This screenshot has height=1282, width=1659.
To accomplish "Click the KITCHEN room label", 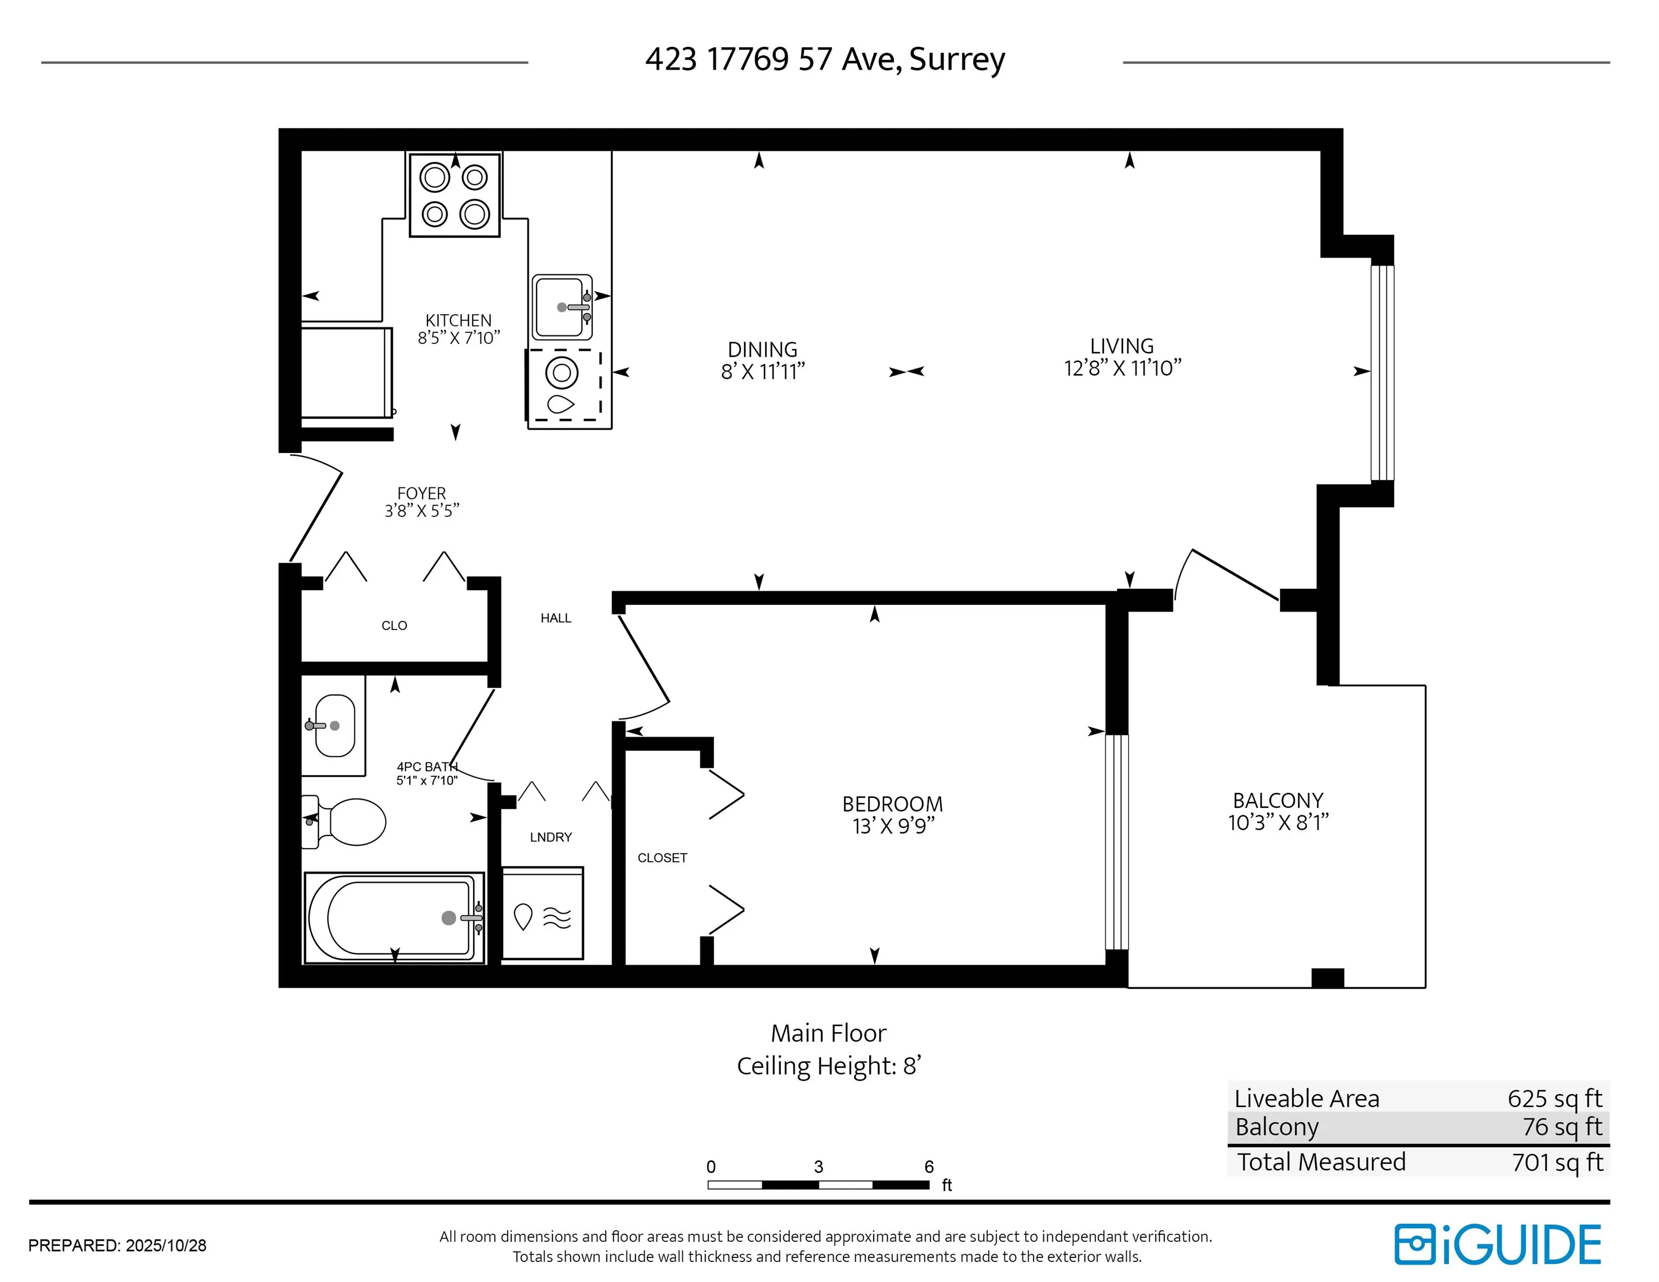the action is point(458,320).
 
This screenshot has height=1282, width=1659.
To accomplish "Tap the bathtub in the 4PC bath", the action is point(394,918).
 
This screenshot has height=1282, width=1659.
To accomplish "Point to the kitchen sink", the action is point(562,307).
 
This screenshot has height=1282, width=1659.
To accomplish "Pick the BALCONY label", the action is point(1278,801).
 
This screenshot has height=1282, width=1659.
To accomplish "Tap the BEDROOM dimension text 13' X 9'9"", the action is point(893,826).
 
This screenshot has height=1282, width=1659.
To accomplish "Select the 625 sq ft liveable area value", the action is point(1554,1098).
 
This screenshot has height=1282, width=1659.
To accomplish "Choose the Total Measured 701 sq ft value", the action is point(1557,1162).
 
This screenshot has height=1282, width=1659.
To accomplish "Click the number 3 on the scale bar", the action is point(818,1167).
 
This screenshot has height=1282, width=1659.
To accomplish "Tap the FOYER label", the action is point(422,493).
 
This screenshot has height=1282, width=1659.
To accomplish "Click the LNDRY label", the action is point(551,837).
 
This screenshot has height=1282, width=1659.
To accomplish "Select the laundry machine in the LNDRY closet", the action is point(543,913).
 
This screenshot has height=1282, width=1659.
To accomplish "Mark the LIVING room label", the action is point(1122,346).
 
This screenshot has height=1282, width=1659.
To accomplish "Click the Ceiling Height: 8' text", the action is point(829,1066).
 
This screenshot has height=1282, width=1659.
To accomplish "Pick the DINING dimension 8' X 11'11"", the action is point(762,371).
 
